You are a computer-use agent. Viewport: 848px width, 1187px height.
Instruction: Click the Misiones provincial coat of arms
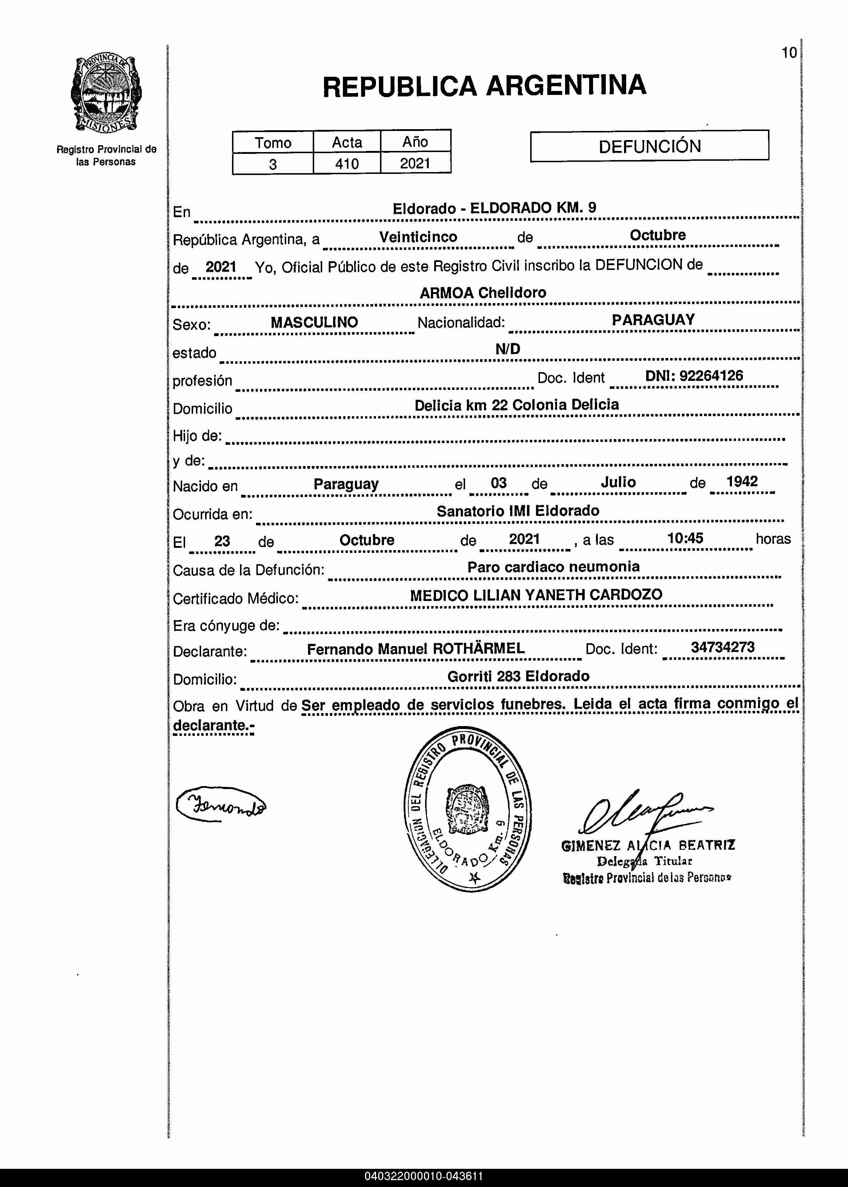(106, 93)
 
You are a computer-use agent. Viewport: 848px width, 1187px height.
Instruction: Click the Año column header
(415, 142)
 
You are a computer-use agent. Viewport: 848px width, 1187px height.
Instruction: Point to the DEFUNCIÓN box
(649, 146)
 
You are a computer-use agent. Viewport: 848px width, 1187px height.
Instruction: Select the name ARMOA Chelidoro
(483, 293)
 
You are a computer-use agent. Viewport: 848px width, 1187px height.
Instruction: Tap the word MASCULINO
(314, 322)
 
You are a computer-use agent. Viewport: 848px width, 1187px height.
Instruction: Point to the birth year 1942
(741, 482)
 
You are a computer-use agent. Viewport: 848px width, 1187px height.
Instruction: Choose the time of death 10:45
(685, 538)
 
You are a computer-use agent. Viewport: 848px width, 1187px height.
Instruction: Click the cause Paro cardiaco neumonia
(553, 567)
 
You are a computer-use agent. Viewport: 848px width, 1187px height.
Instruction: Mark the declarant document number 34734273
(723, 648)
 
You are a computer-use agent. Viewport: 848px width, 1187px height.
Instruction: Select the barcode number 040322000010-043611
(424, 1176)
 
